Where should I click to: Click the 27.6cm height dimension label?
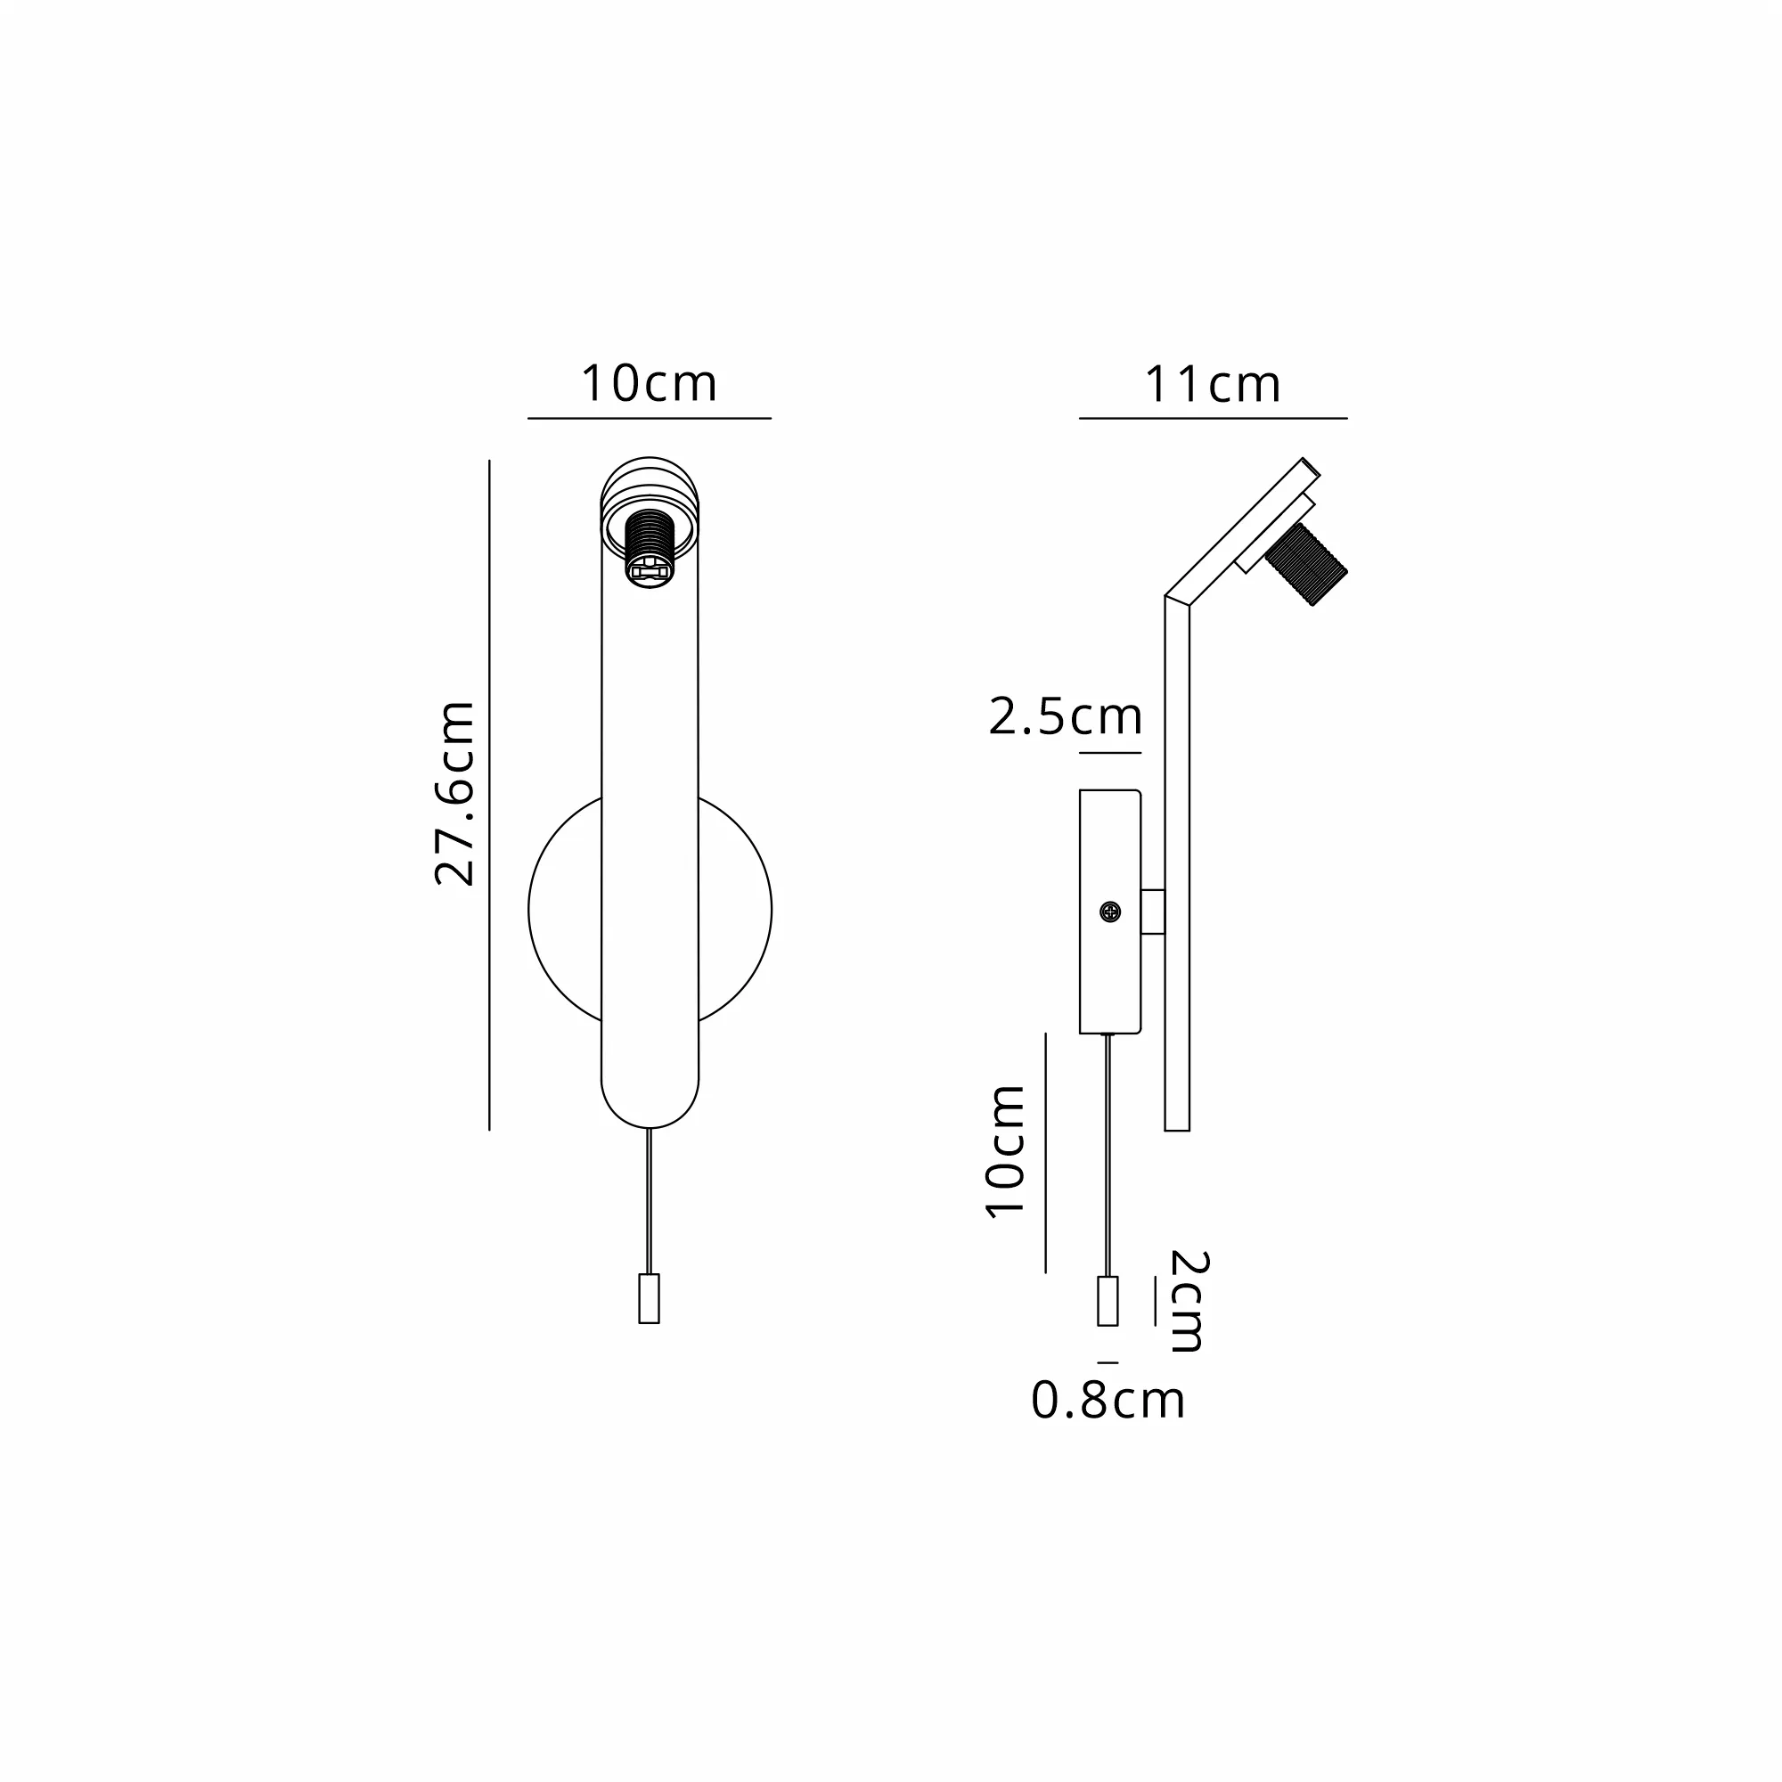pos(454,793)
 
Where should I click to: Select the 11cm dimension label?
pos(1212,385)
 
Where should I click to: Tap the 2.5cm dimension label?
pos(1066,716)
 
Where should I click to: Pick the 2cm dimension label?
pos(1188,1302)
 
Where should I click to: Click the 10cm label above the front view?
pos(649,384)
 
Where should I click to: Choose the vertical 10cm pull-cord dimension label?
pos(1005,1152)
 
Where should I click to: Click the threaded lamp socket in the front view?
pos(650,548)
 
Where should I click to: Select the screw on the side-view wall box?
pos(1111,912)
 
